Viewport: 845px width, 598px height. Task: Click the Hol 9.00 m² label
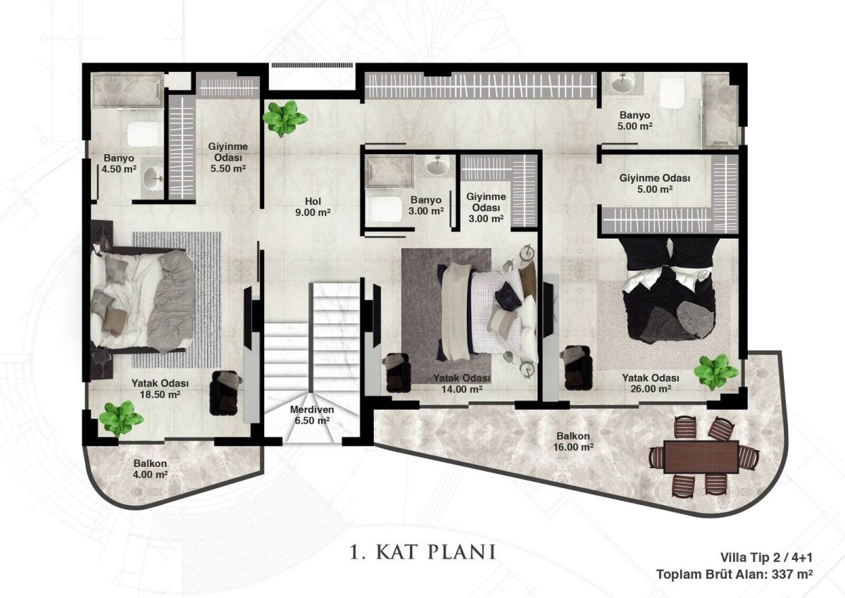tap(313, 207)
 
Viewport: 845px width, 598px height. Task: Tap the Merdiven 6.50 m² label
tap(312, 415)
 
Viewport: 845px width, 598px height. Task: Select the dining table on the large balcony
tap(701, 457)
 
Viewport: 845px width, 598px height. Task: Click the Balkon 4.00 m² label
tap(150, 469)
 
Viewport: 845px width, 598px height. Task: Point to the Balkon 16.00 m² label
tap(573, 442)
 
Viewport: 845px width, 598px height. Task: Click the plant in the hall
tap(284, 118)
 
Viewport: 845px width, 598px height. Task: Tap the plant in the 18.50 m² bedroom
tap(120, 419)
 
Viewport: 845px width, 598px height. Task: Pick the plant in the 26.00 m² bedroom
tap(716, 372)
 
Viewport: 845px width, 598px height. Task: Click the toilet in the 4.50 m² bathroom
tap(142, 135)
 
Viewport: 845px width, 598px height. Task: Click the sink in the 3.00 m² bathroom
tap(437, 166)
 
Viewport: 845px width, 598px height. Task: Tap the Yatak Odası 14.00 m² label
tap(462, 383)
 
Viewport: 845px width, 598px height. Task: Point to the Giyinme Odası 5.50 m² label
tap(228, 157)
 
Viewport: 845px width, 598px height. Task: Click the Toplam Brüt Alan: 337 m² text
tap(735, 574)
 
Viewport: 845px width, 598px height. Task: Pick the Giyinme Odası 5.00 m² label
tap(655, 183)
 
